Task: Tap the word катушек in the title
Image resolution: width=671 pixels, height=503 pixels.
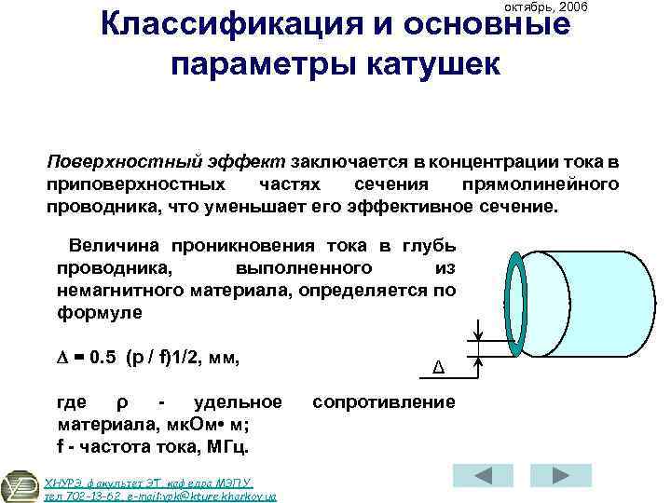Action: pyautogui.click(x=436, y=65)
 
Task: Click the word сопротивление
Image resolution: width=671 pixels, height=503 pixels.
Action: pyautogui.click(x=384, y=402)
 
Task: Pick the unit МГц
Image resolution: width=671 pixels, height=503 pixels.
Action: pyautogui.click(x=220, y=447)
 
